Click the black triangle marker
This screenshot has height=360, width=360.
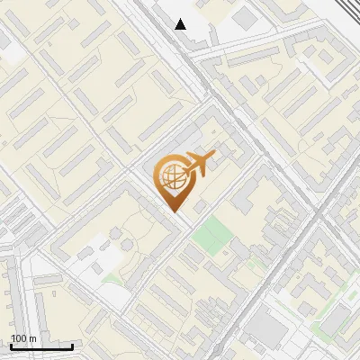(181, 24)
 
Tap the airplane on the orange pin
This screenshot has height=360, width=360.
(198, 165)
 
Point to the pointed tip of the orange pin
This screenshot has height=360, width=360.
(173, 211)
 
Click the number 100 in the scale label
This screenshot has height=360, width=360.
(19, 338)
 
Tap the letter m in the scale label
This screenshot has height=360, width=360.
(32, 338)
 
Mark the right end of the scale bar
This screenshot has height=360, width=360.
(73, 346)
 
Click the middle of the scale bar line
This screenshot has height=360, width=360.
(40, 346)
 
